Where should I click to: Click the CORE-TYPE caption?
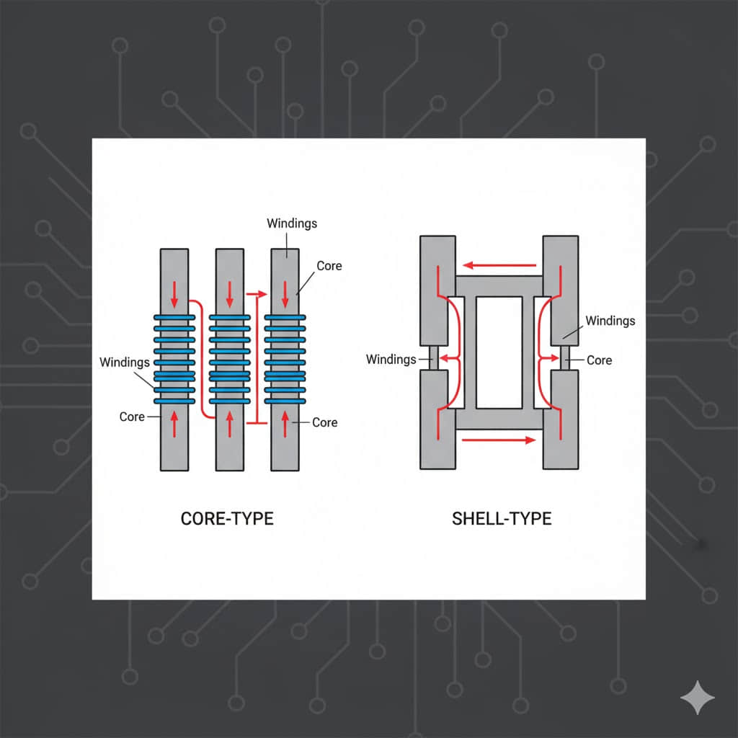click(227, 518)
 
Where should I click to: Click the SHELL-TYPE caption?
click(502, 518)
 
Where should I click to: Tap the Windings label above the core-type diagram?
click(292, 223)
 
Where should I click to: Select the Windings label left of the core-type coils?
click(125, 362)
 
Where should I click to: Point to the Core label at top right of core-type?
click(329, 266)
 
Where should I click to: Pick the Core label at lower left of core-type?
click(132, 417)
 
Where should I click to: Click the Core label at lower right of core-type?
click(325, 422)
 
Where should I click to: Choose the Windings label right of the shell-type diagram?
click(610, 320)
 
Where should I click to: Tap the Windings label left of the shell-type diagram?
click(391, 359)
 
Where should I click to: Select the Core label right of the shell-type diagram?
click(599, 360)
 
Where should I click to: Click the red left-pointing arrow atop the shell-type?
click(499, 264)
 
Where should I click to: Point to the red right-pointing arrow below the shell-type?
click(499, 439)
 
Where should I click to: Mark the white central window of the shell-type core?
click(499, 352)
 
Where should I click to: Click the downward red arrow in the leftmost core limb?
click(174, 294)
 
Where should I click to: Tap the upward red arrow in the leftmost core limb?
click(174, 423)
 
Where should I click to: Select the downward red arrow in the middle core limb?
click(229, 294)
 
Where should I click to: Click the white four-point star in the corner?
click(698, 698)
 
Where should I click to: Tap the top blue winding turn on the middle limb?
click(229, 316)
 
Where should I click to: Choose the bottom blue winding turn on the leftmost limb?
click(174, 401)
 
